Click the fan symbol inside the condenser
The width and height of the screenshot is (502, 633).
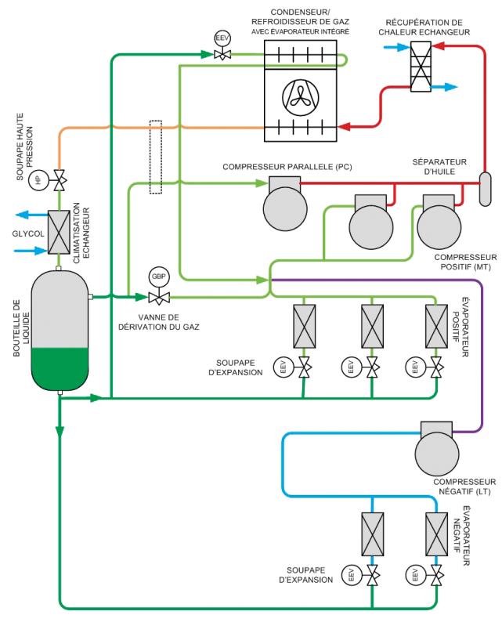point(300,96)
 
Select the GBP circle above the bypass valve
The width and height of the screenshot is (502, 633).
point(159,277)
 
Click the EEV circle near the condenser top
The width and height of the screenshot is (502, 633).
point(222,38)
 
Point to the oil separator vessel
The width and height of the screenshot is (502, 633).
point(484,188)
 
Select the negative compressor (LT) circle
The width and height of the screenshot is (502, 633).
point(435,453)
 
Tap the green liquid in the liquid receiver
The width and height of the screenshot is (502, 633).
point(60,366)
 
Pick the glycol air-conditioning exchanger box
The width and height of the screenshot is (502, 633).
point(58,233)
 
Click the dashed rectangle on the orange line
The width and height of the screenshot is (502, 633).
point(155,148)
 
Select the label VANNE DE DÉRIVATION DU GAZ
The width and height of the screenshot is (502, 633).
point(161,322)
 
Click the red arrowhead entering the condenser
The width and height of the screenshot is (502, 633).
point(344,126)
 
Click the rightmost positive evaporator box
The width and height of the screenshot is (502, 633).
point(436,325)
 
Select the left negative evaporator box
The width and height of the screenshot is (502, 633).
point(373,534)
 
